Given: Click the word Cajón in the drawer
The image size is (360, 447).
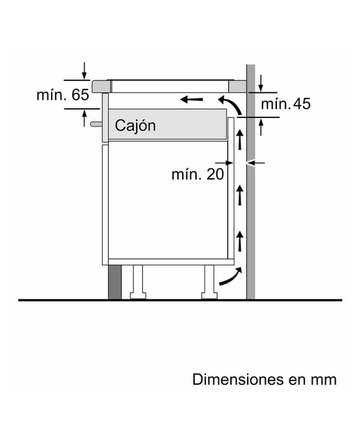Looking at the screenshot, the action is pos(135,126).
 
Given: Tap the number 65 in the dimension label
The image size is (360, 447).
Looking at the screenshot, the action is pos(80,95).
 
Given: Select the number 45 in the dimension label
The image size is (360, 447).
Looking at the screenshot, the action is pos(301,104).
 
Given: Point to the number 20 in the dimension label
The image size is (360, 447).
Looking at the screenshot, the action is pos(215,174).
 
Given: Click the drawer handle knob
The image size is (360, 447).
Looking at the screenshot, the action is pos(96,124).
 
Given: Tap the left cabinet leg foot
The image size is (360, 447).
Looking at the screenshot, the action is pos(138,296).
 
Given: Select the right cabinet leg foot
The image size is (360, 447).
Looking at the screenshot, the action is pos(209,296).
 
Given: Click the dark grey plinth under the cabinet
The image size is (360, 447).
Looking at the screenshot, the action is pos(115,282).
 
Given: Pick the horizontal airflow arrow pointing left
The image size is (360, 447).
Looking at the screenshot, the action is pos(192,99).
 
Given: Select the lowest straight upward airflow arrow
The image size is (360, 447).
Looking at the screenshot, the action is pos(240,241).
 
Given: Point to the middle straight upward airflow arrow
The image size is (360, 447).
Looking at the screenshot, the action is pos(240,195).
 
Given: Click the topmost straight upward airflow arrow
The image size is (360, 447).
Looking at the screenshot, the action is pos(240,140).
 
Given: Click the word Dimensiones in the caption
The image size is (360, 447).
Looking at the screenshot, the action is pos(237,379).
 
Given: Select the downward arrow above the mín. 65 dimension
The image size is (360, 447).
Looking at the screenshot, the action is pos(84,71).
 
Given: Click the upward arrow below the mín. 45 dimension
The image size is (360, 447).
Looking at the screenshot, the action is pos(261,128).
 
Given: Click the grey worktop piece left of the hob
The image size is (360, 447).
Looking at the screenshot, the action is pos(102,87).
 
